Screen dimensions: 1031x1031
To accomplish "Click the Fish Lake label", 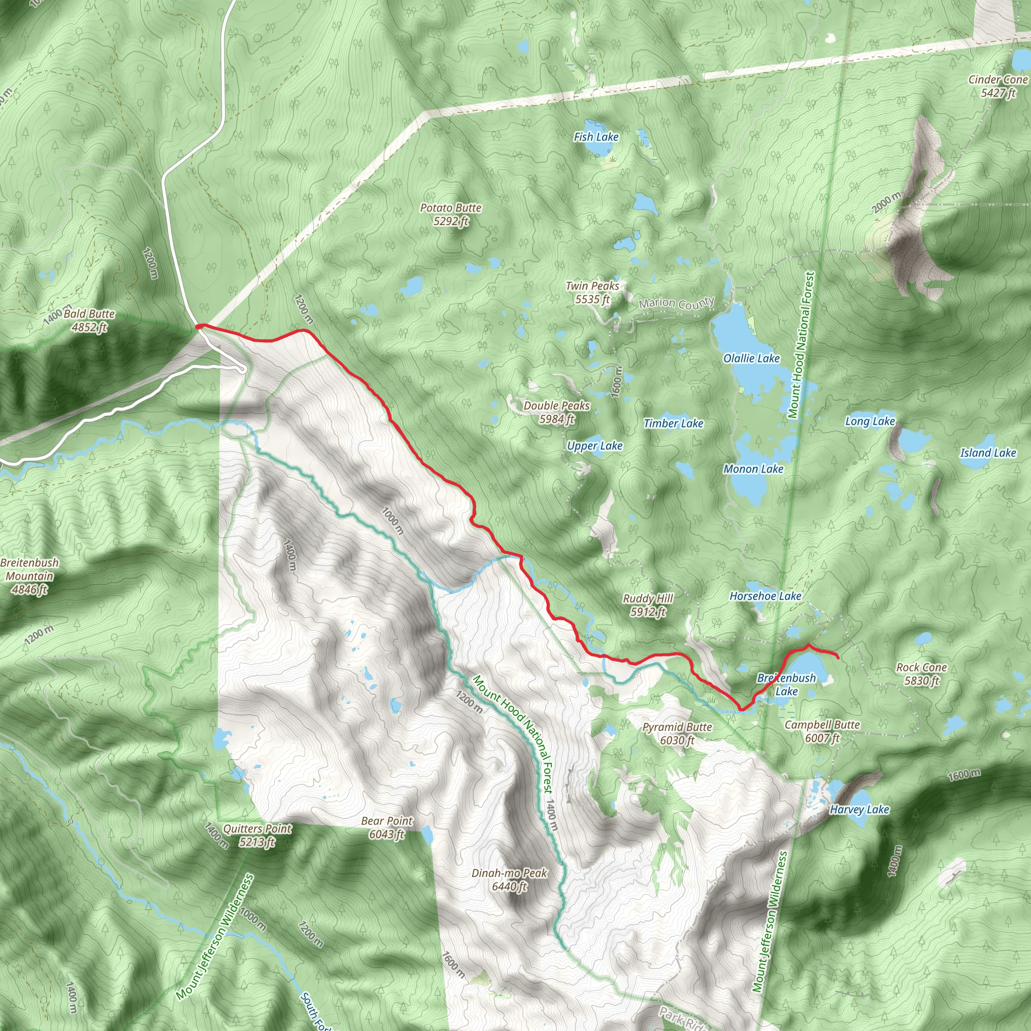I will click(x=596, y=137).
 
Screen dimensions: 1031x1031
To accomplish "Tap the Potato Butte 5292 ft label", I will click(x=451, y=214).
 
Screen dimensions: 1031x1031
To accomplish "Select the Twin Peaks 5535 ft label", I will click(x=593, y=292).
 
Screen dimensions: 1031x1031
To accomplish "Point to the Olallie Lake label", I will click(x=752, y=358).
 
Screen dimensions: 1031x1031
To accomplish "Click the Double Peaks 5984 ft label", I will click(x=556, y=412).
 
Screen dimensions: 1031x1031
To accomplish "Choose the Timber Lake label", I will click(x=674, y=423).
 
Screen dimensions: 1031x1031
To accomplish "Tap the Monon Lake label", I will click(x=753, y=469).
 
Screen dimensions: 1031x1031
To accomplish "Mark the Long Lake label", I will click(x=870, y=421).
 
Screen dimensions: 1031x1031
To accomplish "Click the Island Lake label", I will click(x=988, y=453).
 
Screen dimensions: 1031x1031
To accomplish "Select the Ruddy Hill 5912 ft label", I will click(x=647, y=605).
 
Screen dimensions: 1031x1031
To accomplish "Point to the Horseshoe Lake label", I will click(x=765, y=596).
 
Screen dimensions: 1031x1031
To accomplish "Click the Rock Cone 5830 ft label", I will click(x=921, y=674).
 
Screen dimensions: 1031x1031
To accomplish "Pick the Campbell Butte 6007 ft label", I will click(x=822, y=731).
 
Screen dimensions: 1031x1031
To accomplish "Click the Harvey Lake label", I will click(x=859, y=809).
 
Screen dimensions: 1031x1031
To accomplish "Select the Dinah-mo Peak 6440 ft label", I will click(x=509, y=879).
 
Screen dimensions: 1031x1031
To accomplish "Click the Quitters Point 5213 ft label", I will click(x=257, y=835).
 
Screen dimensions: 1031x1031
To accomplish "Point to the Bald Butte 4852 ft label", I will click(x=89, y=320).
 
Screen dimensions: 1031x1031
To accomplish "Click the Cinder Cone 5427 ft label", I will click(x=998, y=86).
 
